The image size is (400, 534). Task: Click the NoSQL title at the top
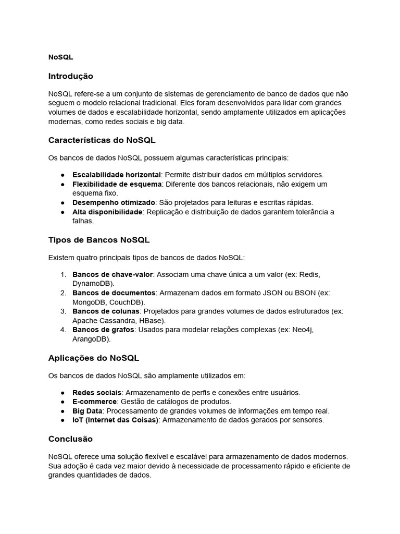(x=60, y=57)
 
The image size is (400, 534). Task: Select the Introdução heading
(x=70, y=76)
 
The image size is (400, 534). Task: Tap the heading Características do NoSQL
(x=102, y=140)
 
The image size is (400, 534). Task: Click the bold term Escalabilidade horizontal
(x=117, y=175)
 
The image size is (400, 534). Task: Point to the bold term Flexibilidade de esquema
(x=117, y=184)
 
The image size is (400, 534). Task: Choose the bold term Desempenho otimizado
(x=114, y=202)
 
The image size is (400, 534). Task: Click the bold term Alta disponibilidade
(x=107, y=212)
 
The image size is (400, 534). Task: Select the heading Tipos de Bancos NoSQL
(x=98, y=240)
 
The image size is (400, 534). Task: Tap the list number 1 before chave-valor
(x=63, y=274)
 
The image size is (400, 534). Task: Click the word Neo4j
(x=303, y=330)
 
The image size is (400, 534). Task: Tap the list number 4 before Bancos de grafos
(x=63, y=330)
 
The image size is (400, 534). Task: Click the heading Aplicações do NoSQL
(x=93, y=358)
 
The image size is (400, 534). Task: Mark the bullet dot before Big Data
(x=63, y=411)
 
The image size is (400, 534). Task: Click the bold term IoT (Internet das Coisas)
(x=115, y=420)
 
